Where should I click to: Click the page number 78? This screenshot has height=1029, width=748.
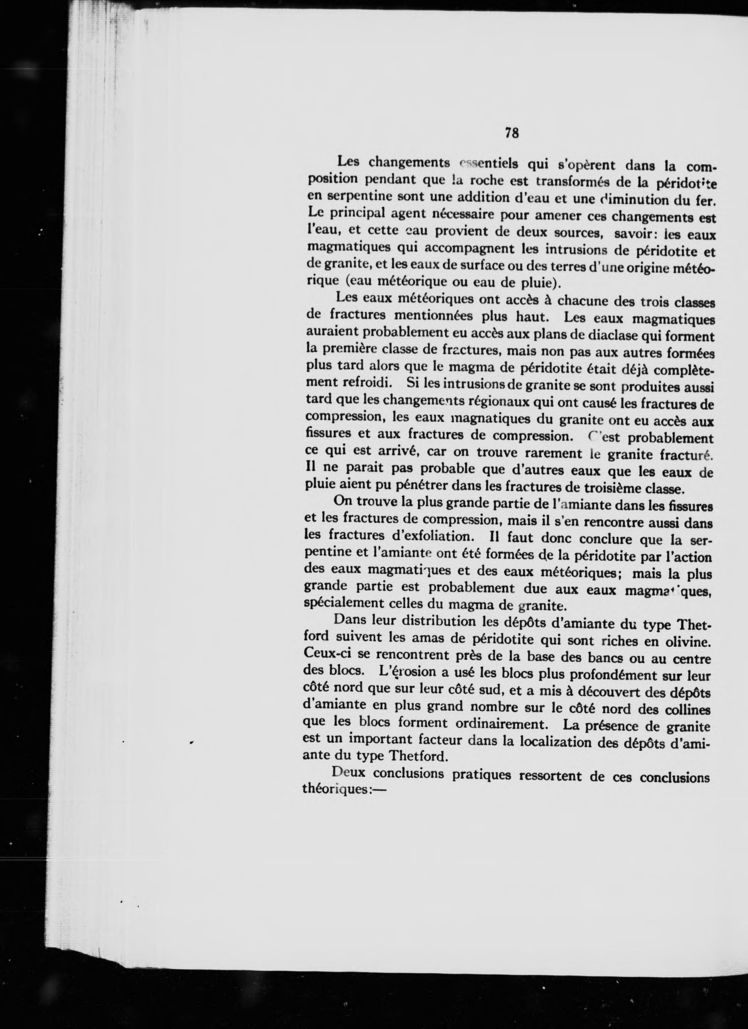(511, 133)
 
